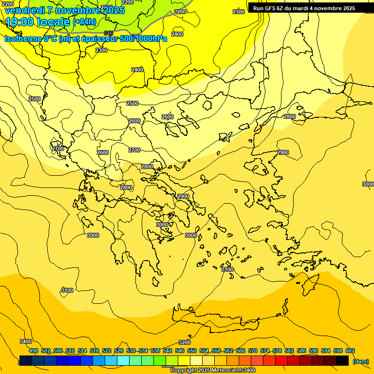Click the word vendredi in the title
(25, 10)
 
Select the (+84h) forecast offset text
(84, 22)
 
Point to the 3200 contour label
(185, 342)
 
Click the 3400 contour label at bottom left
(26, 341)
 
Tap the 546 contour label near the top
(109, 33)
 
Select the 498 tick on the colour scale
(34, 351)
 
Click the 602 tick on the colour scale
(350, 351)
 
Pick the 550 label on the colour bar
(192, 351)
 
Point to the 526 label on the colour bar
(119, 351)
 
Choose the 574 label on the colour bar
(265, 351)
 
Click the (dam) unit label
(361, 361)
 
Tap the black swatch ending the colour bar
(342, 360)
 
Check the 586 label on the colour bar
(301, 351)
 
